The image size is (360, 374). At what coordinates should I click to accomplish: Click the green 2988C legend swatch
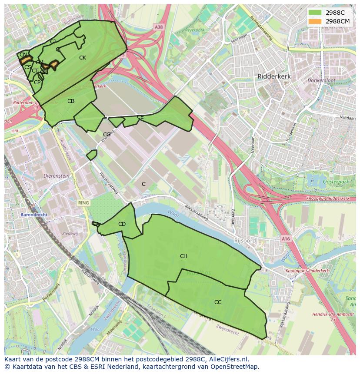pos(315,13)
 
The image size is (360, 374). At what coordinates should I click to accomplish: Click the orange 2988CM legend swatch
pos(315,21)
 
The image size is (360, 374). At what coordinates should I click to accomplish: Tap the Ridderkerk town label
pos(274,76)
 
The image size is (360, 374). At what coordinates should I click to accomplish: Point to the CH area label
pos(183,256)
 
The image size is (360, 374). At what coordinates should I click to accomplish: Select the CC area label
pos(218,302)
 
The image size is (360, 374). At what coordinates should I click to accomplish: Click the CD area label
pos(122,224)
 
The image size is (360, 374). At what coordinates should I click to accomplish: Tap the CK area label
pos(83,58)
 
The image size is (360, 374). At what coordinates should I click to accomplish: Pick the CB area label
pos(71,101)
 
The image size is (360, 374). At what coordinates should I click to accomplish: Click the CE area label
pos(140,117)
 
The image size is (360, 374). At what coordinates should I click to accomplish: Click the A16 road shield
pos(285,239)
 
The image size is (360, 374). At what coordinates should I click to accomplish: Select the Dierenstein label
pos(57,176)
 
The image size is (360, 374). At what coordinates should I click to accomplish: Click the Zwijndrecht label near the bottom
pos(227,332)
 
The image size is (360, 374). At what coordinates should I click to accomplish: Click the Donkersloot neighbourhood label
pos(320,81)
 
